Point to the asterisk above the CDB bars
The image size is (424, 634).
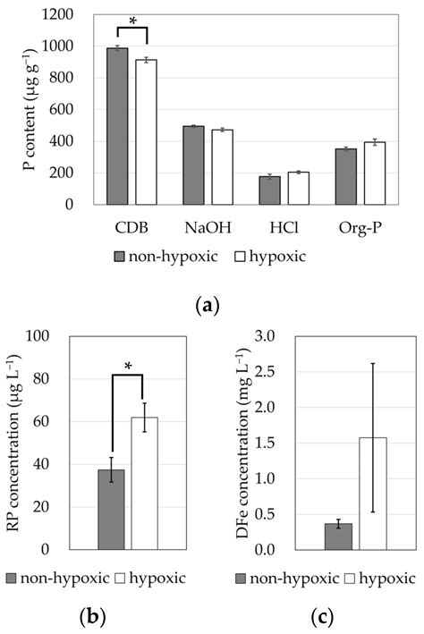pyautogui.click(x=133, y=21)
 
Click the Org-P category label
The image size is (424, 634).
pyautogui.click(x=360, y=222)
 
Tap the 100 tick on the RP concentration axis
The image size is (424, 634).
pyautogui.click(x=61, y=337)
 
